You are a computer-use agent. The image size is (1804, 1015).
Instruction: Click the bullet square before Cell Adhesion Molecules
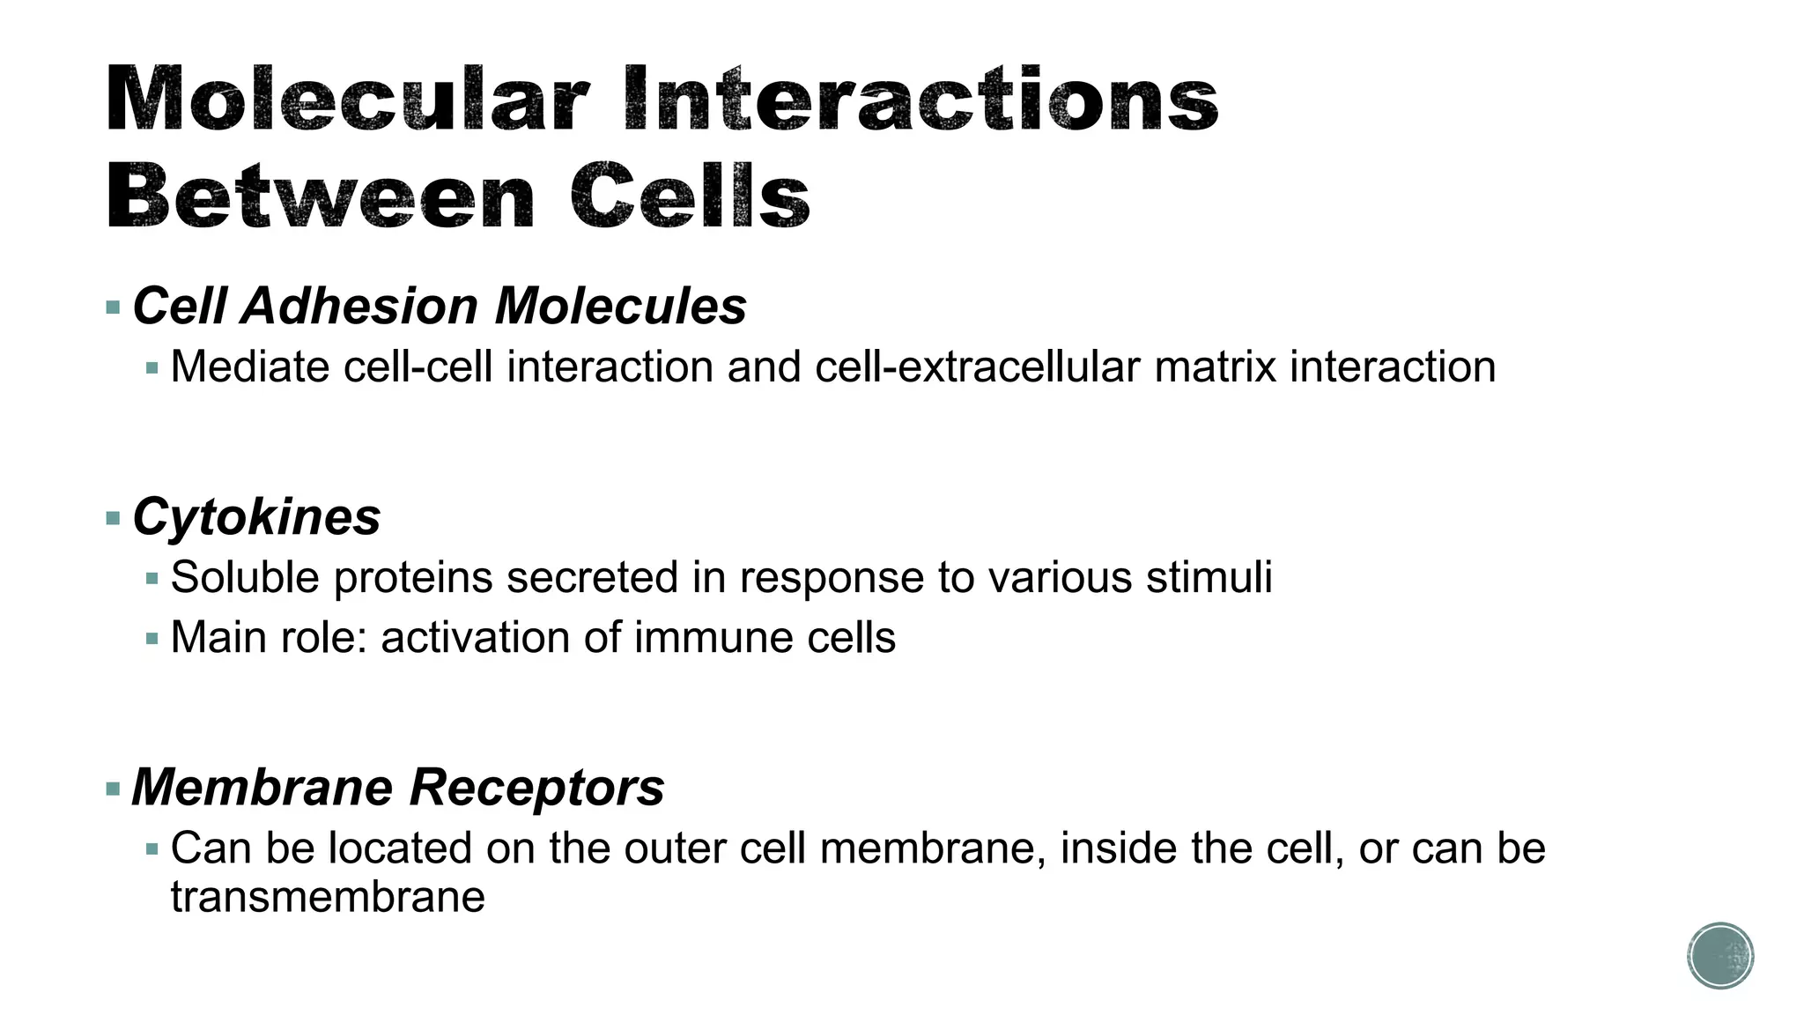113,308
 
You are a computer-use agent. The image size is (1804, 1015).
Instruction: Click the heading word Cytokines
256,516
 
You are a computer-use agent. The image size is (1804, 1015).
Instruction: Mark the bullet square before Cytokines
113,518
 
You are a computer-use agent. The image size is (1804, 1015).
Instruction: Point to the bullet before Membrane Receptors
113,789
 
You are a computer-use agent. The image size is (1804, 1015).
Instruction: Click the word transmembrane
328,897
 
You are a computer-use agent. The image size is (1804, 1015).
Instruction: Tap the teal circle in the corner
1720,956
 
